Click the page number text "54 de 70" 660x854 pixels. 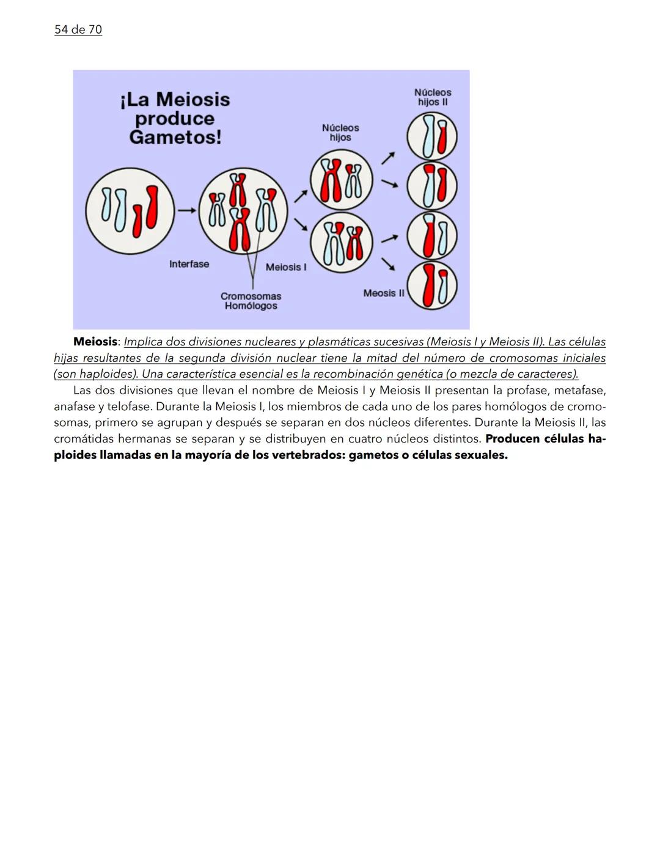coord(78,29)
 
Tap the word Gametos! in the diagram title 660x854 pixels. coord(175,138)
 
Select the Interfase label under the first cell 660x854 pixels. coord(189,264)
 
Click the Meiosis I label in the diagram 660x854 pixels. coord(286,267)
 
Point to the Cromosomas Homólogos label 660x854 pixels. coord(251,301)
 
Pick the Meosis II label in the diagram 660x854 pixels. coord(384,293)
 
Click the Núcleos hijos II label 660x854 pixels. coord(433,97)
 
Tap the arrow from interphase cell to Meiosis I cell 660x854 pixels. coord(186,210)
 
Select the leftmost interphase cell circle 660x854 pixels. coord(130,210)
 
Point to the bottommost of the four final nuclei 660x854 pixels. coord(432,285)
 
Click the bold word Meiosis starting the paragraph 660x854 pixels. coord(95,342)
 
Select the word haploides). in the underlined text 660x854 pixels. coord(108,374)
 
